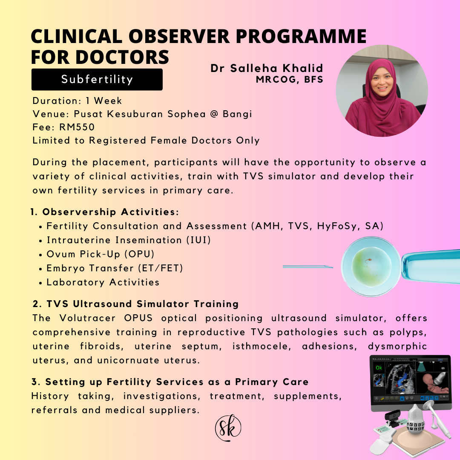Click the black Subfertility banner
click(97, 80)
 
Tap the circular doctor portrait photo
click(382, 91)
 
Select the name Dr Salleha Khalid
click(267, 68)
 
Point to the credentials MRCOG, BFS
click(290, 80)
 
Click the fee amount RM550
click(77, 127)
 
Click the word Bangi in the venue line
click(237, 114)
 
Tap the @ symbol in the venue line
click(214, 114)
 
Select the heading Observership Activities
click(110, 212)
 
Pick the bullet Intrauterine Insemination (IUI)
click(129, 240)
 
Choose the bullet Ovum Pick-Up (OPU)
click(101, 254)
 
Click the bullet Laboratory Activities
click(103, 282)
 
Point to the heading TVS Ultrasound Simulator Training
click(143, 304)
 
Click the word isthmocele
click(262, 346)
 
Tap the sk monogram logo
click(228, 428)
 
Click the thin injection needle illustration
click(308, 267)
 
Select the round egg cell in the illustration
click(371, 266)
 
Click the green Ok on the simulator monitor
click(379, 368)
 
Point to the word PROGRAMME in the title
click(301, 36)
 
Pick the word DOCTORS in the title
click(122, 57)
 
